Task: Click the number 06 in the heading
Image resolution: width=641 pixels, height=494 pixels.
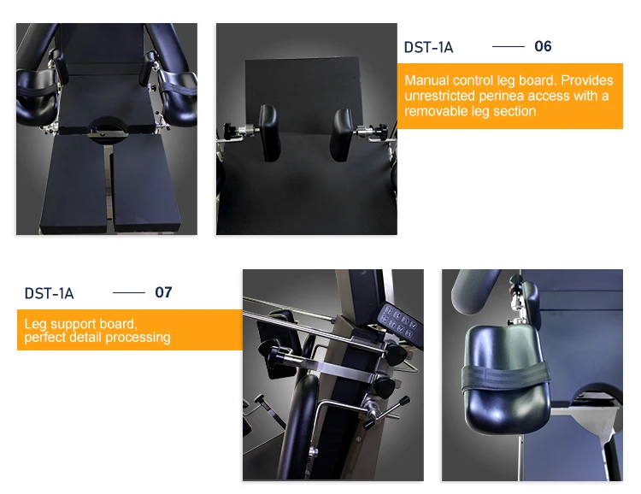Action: (543, 46)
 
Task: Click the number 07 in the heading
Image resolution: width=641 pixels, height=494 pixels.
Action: (163, 292)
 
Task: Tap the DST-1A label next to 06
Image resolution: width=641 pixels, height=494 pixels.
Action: (428, 48)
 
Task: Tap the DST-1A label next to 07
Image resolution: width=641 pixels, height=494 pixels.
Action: (49, 294)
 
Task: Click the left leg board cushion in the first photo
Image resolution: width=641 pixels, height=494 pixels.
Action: (74, 184)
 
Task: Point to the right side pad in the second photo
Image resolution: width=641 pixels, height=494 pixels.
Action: (341, 134)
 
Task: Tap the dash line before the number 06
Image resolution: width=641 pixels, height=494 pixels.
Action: (509, 47)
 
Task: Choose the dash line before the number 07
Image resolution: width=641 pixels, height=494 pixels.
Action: (129, 293)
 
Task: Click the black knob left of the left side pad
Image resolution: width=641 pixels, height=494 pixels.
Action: (230, 131)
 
